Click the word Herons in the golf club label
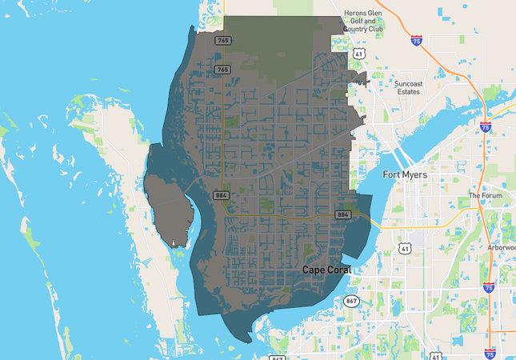(354, 13)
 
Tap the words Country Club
(364, 30)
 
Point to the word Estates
(408, 91)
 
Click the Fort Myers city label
(405, 174)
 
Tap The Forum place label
(484, 195)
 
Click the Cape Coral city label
(326, 270)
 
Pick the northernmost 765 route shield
(223, 40)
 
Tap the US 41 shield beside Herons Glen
(360, 54)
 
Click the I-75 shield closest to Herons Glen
(415, 38)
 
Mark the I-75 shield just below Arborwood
(489, 286)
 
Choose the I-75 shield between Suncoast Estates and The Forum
(486, 126)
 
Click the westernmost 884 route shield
(222, 195)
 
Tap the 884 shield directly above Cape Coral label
(342, 214)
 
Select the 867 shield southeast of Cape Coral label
(352, 301)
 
